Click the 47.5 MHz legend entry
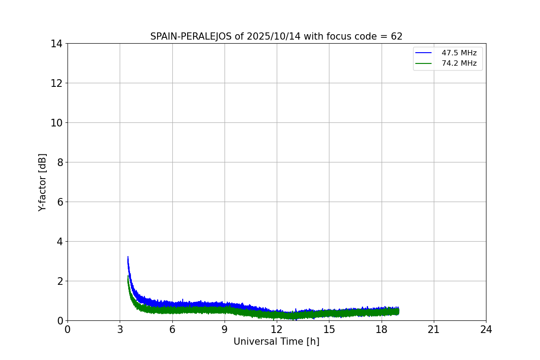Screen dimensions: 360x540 (459, 53)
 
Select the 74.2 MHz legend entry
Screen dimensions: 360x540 (459, 63)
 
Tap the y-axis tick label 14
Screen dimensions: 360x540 (56, 44)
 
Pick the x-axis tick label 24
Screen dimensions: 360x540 (486, 330)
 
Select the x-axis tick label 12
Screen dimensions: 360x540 (277, 330)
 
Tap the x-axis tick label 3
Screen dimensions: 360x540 (120, 330)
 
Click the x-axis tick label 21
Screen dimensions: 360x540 (434, 330)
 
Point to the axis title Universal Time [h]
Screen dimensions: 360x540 (276, 342)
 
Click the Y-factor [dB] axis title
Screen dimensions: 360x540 (42, 182)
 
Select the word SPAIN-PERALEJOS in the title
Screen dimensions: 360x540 (191, 36)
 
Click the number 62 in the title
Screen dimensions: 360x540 (396, 36)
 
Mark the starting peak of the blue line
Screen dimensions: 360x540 (128, 257)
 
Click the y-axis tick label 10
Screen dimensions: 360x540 (56, 123)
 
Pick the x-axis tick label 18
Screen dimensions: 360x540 (382, 330)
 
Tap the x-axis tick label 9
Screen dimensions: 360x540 (225, 330)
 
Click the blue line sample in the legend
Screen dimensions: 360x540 (423, 53)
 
